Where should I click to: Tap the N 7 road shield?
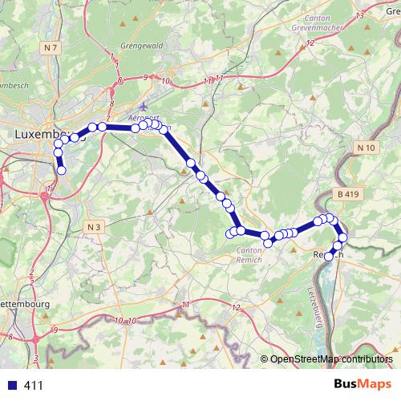(x=52, y=48)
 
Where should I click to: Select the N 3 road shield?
(x=93, y=227)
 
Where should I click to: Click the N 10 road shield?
(x=367, y=147)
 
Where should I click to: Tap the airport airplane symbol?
(x=144, y=106)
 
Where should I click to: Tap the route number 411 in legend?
(x=34, y=385)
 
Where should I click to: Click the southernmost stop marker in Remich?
(x=328, y=257)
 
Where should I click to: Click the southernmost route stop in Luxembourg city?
(x=61, y=169)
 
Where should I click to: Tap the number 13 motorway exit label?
(x=359, y=15)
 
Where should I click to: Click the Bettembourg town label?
(x=24, y=305)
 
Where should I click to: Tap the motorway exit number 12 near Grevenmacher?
(x=310, y=41)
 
